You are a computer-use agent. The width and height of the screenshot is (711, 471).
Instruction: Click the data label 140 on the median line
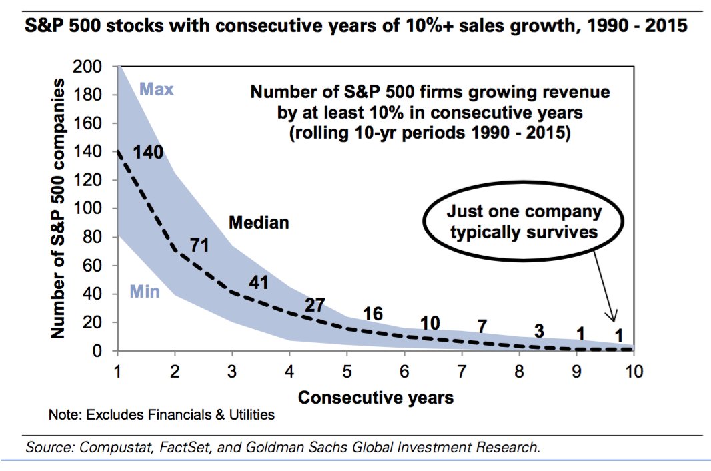149,152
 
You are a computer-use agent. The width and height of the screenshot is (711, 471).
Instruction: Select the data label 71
199,245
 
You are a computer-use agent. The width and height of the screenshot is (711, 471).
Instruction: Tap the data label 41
258,282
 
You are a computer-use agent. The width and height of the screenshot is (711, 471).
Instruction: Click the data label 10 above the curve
430,324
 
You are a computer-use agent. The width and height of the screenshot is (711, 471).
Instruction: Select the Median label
259,223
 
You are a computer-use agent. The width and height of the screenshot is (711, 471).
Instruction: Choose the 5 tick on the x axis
347,372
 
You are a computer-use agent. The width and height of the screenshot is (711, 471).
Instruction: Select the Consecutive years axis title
376,398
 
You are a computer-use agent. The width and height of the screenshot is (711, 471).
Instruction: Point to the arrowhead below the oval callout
613,318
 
